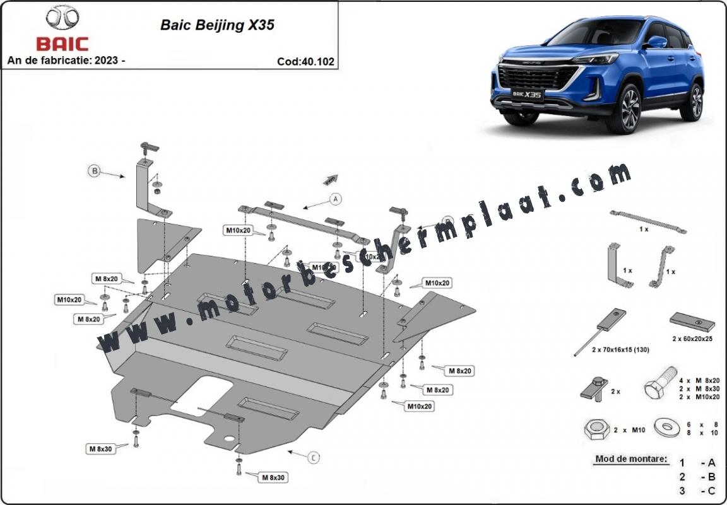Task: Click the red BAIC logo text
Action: (x=62, y=44)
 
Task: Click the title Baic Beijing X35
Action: (x=217, y=26)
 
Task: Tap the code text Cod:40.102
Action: (x=305, y=62)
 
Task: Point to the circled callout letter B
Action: (x=94, y=171)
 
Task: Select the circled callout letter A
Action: (x=336, y=199)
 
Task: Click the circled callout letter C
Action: (x=314, y=458)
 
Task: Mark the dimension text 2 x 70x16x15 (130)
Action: (x=620, y=349)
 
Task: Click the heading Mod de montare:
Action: (x=630, y=459)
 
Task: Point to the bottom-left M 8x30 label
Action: (x=100, y=449)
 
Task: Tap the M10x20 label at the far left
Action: (x=69, y=299)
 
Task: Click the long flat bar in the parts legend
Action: (x=647, y=223)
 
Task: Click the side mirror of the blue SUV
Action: (x=657, y=42)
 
